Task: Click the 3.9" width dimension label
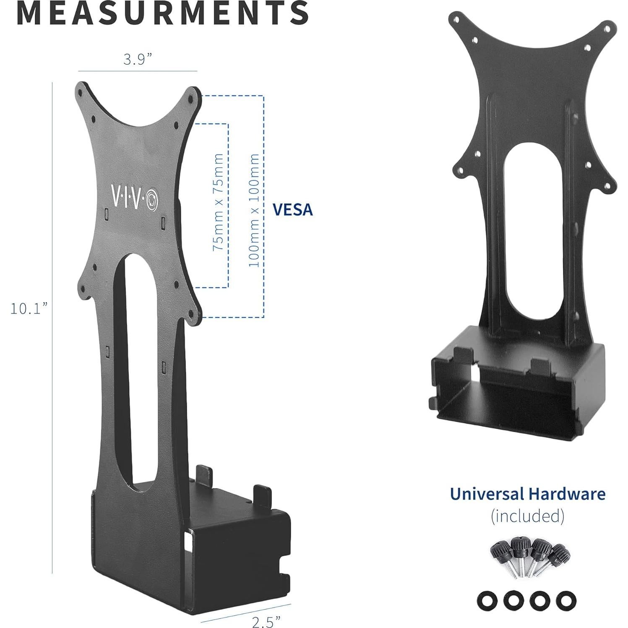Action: (x=137, y=60)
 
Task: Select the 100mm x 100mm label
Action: (x=254, y=210)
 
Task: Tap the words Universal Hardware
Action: (x=527, y=494)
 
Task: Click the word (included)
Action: (x=527, y=516)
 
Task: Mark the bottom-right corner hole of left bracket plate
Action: (x=191, y=313)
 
